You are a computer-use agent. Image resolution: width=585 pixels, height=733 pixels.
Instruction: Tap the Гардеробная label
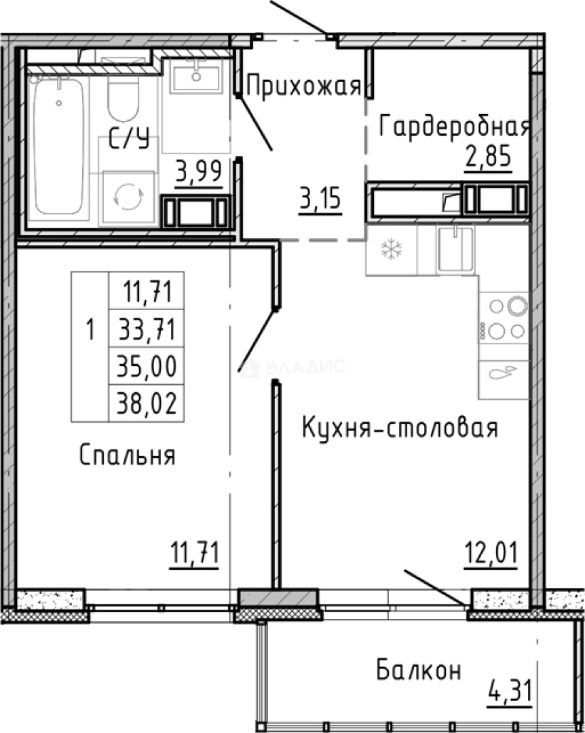(x=454, y=126)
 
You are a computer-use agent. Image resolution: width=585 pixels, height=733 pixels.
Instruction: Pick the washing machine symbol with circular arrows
(x=128, y=197)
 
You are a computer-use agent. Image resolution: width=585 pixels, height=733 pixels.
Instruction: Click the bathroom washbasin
(x=196, y=75)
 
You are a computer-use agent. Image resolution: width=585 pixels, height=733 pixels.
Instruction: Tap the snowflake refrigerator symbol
(x=392, y=250)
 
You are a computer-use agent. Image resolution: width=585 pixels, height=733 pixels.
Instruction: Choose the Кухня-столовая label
(x=400, y=428)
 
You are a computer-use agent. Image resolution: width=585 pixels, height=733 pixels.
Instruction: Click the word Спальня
(x=128, y=455)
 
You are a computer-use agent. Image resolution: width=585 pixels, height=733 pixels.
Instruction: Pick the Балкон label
(x=419, y=671)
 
